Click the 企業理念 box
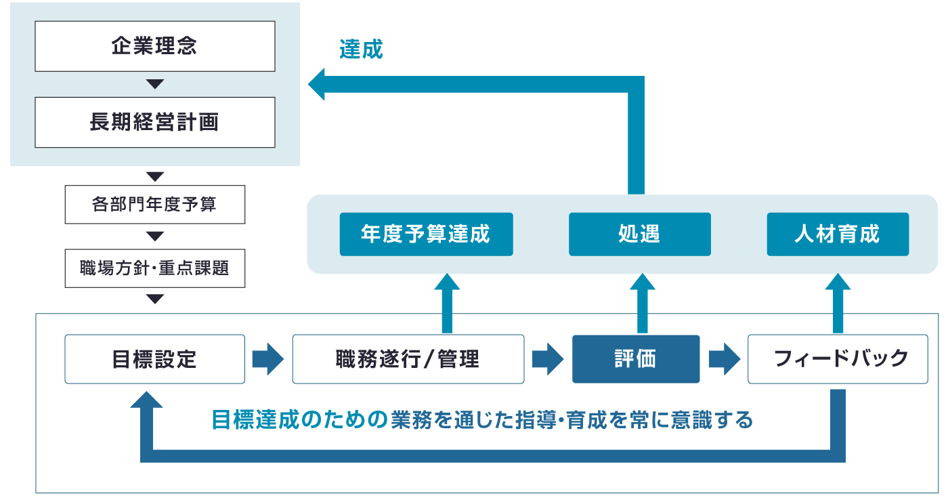click(154, 47)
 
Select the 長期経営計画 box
click(154, 122)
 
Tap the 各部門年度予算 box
click(154, 204)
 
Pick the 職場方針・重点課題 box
click(154, 268)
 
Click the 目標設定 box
click(154, 358)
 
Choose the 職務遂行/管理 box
click(408, 358)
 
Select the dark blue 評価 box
click(635, 358)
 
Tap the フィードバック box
click(838, 358)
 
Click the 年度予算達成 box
click(426, 234)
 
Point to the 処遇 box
click(639, 234)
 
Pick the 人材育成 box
click(838, 234)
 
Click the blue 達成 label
click(361, 49)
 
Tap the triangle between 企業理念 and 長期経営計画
click(155, 84)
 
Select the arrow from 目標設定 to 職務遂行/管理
click(268, 358)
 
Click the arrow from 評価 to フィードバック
click(723, 358)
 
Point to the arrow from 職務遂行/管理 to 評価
click(548, 358)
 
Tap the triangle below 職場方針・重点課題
click(155, 299)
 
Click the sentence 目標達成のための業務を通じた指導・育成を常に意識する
click(482, 420)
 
